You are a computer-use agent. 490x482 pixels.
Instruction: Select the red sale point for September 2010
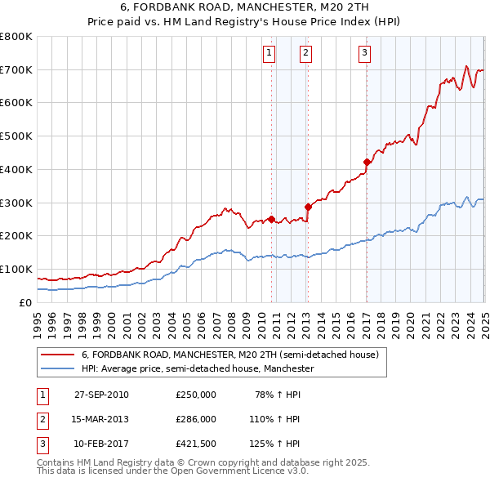[x=271, y=219]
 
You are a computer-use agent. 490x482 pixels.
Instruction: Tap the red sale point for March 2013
[x=308, y=207]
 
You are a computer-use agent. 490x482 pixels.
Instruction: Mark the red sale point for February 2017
[x=367, y=162]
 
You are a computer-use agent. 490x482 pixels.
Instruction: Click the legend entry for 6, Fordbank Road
[x=229, y=355]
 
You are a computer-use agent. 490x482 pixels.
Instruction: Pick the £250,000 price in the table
[x=196, y=395]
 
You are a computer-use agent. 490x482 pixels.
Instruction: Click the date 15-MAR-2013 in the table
[x=101, y=419]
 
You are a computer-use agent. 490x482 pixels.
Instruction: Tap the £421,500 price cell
[x=196, y=444]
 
